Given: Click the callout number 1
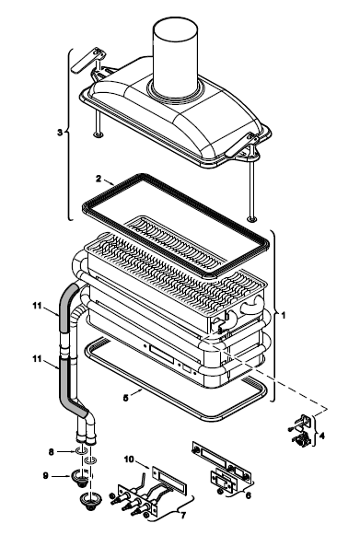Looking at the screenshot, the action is (283, 315).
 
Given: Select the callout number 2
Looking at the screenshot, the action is (99, 179).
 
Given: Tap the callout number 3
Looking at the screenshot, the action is (60, 133).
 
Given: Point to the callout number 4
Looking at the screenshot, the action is (321, 436).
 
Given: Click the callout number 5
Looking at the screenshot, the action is (126, 398).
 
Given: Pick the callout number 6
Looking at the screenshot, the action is (248, 495).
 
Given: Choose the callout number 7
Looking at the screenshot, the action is (183, 515).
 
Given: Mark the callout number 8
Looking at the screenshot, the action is (52, 452).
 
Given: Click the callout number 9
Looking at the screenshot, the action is (45, 475).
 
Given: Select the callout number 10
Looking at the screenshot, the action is (129, 459).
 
